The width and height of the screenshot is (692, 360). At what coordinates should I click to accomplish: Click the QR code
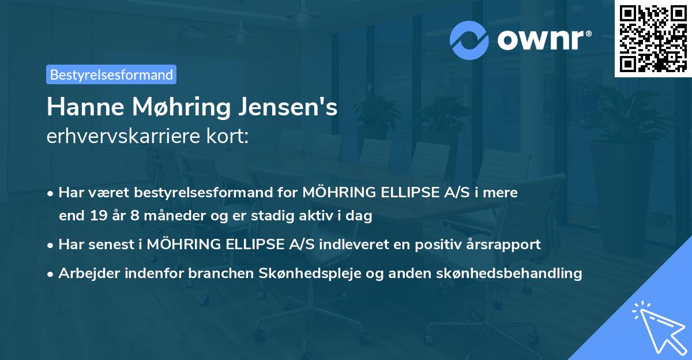tap(653, 39)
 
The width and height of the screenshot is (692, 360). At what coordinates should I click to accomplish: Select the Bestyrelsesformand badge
tap(111, 74)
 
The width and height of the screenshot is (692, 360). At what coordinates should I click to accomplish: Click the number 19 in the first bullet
tap(98, 216)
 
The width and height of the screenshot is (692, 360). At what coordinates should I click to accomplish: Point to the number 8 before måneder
tap(136, 216)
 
